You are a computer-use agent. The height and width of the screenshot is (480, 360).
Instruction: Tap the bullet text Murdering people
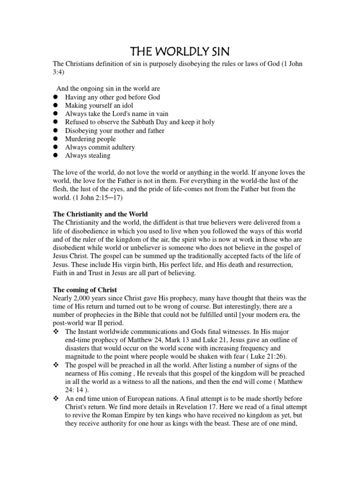tap(90, 139)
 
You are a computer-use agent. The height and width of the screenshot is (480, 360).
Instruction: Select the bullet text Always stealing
tap(88, 156)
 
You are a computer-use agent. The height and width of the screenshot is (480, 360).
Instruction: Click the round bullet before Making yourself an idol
tap(55, 105)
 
